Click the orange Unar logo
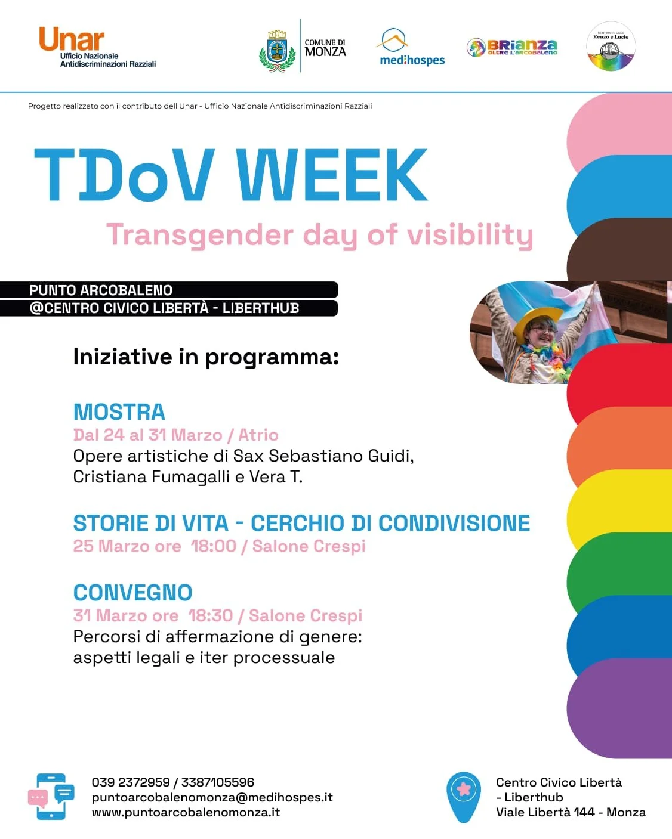pos(72,39)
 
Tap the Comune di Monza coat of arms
pos(277,51)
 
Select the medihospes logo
pos(412,48)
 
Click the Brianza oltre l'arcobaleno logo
pos(512,47)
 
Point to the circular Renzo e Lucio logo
pos(611,47)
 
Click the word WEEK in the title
pos(332,175)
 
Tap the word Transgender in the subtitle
pos(199,235)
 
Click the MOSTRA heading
pos(119,412)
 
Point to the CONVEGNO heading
pos(132,593)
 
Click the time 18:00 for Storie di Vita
pos(213,546)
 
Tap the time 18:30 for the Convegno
pos(210,615)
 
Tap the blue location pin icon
pos(464,796)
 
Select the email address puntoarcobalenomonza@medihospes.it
pos(212,797)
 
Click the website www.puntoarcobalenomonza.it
pos(186,812)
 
